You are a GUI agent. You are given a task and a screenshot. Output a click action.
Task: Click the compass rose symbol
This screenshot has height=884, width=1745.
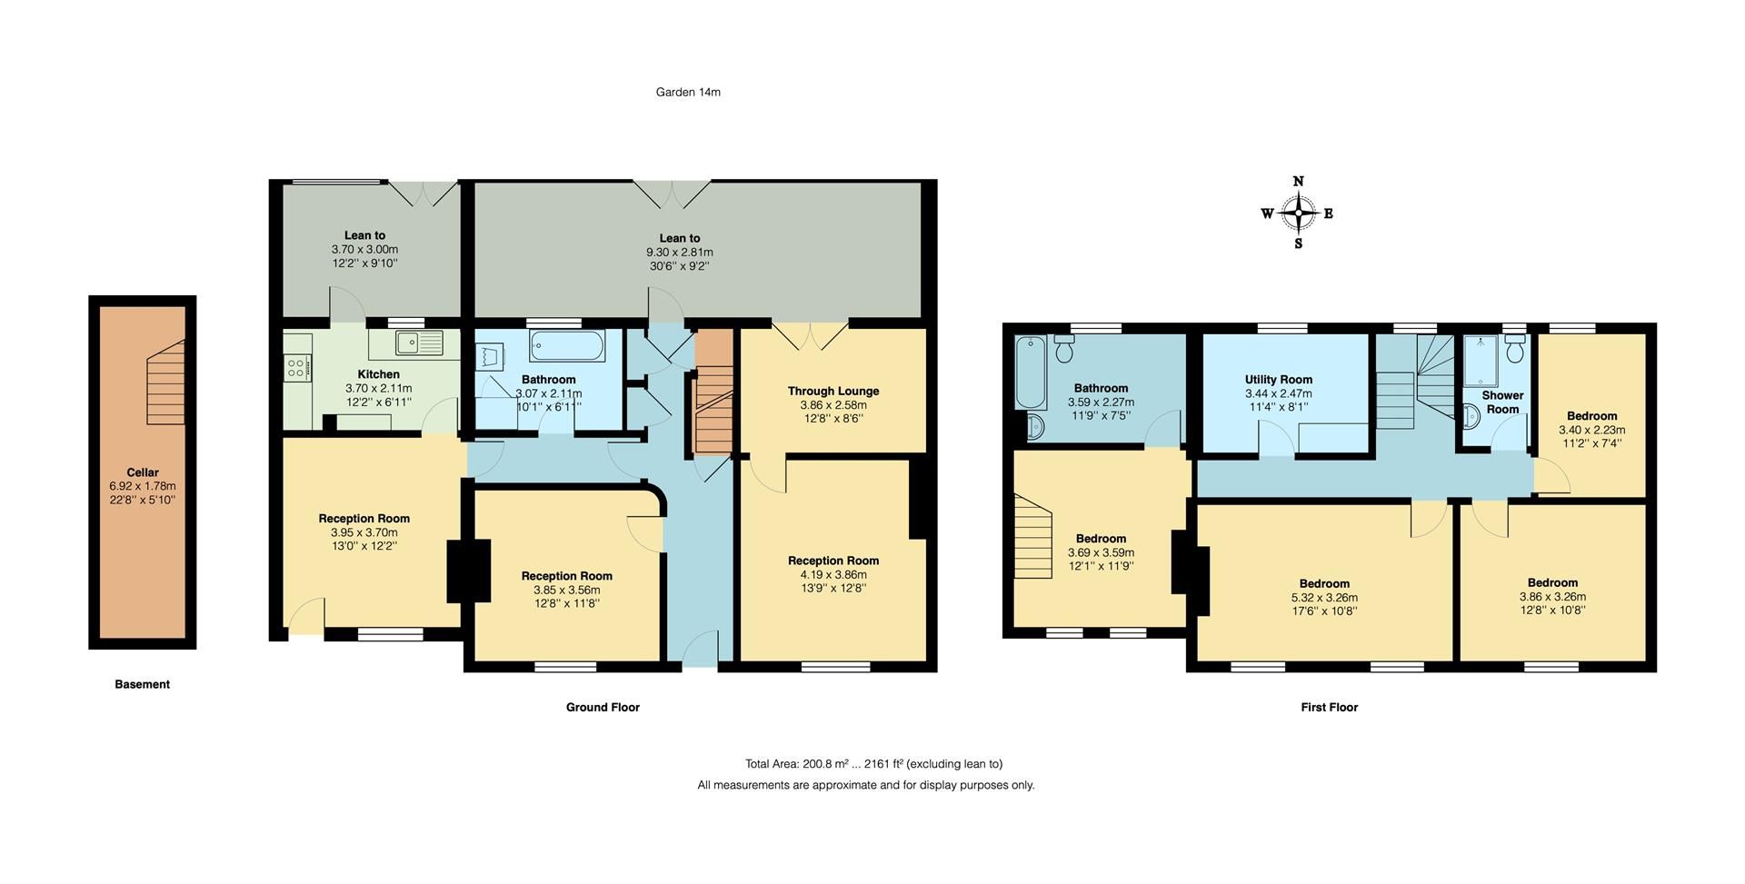(1299, 214)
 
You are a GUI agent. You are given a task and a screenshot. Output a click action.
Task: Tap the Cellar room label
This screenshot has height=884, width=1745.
(143, 472)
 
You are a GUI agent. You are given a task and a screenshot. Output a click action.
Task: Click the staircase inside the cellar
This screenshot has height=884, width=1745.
(166, 382)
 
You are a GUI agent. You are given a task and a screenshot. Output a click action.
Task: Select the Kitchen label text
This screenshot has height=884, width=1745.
(378, 374)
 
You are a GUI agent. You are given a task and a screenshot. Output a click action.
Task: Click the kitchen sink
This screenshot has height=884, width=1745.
(418, 343)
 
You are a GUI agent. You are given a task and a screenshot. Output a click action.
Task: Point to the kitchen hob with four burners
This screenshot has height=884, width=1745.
(296, 367)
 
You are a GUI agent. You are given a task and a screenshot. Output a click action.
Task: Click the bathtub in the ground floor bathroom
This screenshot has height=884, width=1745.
(567, 346)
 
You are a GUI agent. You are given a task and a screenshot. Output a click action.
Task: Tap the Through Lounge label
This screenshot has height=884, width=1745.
(833, 392)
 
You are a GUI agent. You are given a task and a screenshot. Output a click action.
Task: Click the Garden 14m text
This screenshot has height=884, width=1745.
(688, 92)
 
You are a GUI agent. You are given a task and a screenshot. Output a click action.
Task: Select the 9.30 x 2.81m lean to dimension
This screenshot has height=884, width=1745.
(679, 253)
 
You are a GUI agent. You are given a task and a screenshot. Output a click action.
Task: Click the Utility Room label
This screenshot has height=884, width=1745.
(1278, 380)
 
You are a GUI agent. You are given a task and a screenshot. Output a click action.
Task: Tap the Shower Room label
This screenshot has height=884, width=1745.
(1502, 402)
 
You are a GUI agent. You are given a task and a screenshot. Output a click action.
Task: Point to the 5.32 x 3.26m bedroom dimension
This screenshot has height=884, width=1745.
(1324, 598)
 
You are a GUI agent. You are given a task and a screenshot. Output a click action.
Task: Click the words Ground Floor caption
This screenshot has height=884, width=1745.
(603, 707)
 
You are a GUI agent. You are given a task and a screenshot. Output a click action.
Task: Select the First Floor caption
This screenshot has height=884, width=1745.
(1329, 707)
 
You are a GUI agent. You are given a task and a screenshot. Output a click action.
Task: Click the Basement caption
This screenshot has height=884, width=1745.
(142, 684)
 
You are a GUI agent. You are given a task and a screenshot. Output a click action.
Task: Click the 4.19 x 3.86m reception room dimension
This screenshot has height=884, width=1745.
(833, 574)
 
